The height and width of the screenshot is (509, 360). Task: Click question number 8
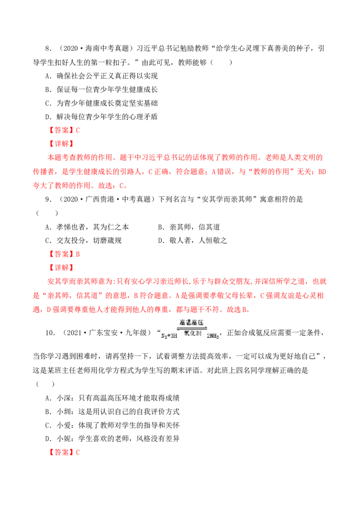[48, 49]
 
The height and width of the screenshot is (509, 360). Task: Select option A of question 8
[101, 76]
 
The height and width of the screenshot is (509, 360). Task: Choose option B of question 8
[101, 89]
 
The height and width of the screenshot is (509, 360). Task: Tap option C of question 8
[101, 103]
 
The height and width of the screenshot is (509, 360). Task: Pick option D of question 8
[101, 117]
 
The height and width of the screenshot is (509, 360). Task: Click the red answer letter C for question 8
[78, 130]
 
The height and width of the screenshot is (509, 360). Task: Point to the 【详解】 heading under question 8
[61, 144]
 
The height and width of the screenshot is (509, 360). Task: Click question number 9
[48, 199]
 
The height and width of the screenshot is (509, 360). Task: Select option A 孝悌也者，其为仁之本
[87, 227]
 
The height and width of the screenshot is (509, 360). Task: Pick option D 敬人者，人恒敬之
[192, 241]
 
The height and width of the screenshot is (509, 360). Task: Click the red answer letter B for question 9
[78, 254]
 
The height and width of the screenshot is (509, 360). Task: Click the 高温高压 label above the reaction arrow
[192, 323]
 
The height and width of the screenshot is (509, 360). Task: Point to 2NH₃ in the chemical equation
[213, 336]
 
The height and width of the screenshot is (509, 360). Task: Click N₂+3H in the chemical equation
[169, 335]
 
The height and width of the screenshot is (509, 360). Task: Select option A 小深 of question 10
[112, 398]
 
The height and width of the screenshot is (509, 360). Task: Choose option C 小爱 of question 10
[112, 425]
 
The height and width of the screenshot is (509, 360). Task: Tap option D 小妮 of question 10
[112, 439]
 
